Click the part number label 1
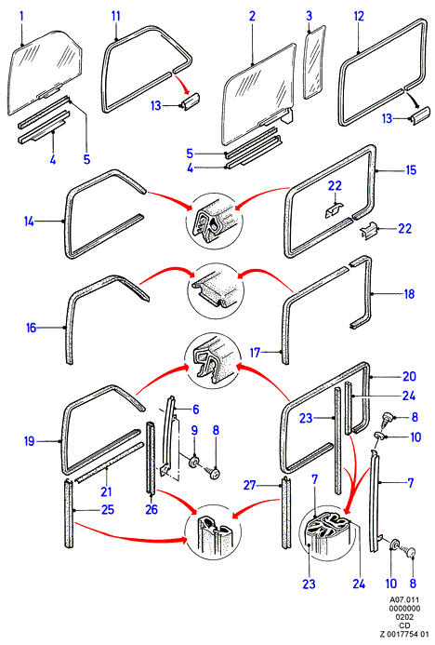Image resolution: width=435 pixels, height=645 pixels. [x=21, y=17]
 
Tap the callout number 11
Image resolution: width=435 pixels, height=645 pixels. [x=116, y=17]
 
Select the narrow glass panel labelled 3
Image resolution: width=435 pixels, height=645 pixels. [x=314, y=62]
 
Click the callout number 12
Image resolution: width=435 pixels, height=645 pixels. [x=359, y=17]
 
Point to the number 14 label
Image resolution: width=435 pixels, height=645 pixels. [x=29, y=222]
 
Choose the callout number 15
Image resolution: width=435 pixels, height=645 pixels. [x=411, y=170]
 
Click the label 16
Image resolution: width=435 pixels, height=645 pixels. [x=32, y=328]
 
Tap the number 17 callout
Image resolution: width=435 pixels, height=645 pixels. [x=255, y=353]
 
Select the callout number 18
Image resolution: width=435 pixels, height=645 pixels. [x=410, y=294]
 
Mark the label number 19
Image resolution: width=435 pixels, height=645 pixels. [x=29, y=442]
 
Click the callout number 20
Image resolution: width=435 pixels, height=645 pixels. [x=410, y=376]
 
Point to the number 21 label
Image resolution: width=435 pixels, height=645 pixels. [x=106, y=491]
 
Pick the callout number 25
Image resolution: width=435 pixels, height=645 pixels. [x=108, y=510]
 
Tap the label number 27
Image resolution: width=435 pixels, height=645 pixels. [x=250, y=486]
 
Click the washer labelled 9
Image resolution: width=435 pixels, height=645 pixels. [x=193, y=461]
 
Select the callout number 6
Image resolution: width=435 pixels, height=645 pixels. [x=195, y=410]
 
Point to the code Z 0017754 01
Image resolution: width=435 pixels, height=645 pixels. [x=404, y=634]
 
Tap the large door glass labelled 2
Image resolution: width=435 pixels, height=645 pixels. [x=259, y=94]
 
